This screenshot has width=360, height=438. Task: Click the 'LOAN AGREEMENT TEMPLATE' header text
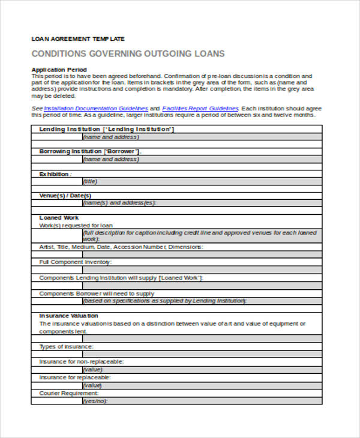coord(78,38)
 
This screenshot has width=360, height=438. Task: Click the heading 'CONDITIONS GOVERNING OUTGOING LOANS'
coord(128,54)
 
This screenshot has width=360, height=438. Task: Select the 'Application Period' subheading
coord(59,70)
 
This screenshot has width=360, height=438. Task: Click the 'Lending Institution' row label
coord(70,129)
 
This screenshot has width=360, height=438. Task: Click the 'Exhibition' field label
coord(54,174)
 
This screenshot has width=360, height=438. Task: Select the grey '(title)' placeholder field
coord(91,181)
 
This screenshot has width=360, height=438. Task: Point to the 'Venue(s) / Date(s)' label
coord(65,196)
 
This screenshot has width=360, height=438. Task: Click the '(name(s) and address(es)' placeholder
coord(119,203)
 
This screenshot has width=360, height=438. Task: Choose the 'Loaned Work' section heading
coord(59,218)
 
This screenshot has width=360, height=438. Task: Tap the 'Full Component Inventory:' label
coord(75,262)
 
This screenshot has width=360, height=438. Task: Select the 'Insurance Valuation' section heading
coord(68,316)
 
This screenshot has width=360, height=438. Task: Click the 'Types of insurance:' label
coord(66,347)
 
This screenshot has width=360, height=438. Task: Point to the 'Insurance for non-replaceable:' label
coord(81,362)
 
